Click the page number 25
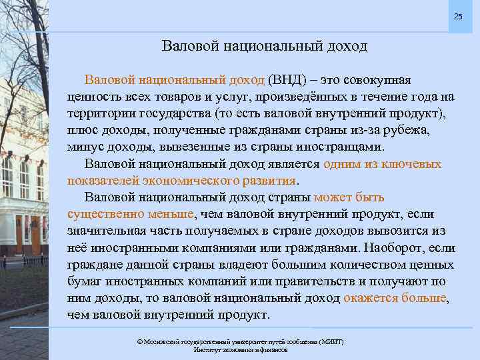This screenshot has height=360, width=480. click(457, 16)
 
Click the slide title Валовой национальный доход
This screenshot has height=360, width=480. click(264, 46)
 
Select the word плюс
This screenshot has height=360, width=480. click(83, 130)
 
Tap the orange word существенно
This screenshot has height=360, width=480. click(104, 214)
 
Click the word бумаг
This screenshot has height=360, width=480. click(85, 281)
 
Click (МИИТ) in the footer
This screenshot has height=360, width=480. click(330, 341)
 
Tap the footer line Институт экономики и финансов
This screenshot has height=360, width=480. click(240, 349)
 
